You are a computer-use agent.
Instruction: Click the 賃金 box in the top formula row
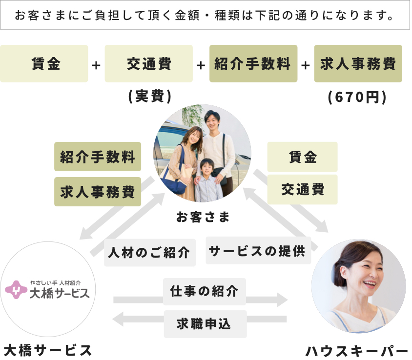click(x=44, y=63)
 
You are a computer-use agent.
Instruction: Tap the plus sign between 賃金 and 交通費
click(x=96, y=65)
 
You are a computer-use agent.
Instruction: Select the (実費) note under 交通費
click(x=149, y=97)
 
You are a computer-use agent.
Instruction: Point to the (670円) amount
click(x=358, y=97)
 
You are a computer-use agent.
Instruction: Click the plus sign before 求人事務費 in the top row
click(x=306, y=65)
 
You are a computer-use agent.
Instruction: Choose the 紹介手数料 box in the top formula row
click(x=253, y=63)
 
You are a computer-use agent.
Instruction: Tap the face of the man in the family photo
click(x=213, y=120)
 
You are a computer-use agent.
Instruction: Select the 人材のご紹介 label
click(x=150, y=252)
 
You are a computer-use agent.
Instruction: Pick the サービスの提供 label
click(x=258, y=250)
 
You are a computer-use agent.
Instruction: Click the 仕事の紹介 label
click(x=205, y=291)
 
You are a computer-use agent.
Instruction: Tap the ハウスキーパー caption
click(x=356, y=350)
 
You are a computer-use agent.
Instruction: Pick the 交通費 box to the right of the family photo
click(x=302, y=189)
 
